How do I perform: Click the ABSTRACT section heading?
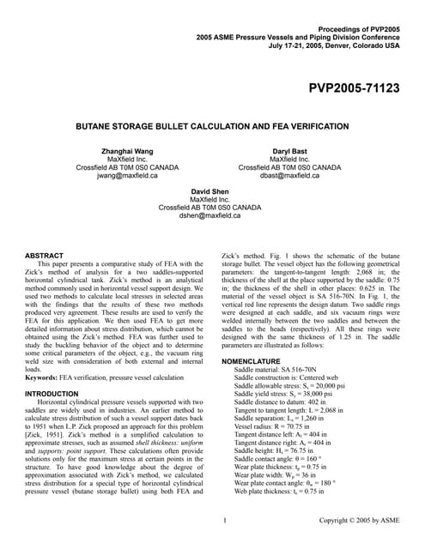[x=45, y=255]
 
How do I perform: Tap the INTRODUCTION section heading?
[x=56, y=393]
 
